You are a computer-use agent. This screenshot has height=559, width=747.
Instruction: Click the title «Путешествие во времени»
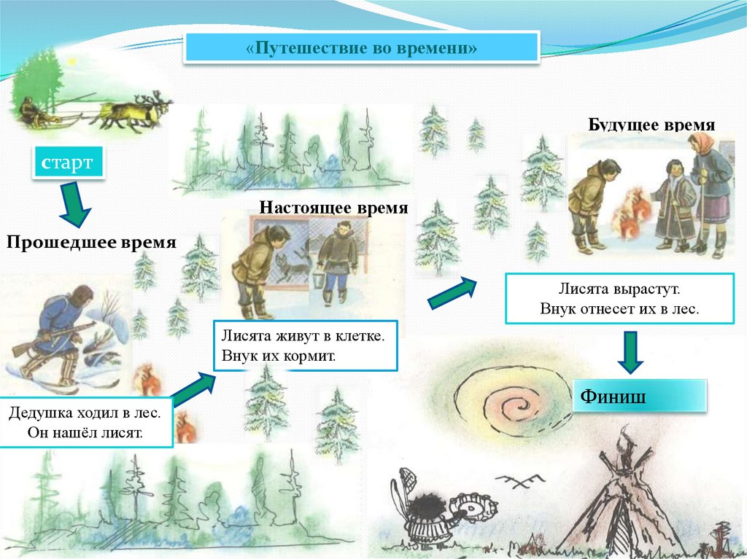coord(361,49)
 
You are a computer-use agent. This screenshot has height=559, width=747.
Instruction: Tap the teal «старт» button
coord(66,163)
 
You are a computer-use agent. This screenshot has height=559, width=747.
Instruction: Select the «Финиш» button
coord(640,396)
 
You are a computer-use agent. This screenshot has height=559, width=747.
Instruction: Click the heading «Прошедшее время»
coord(91,242)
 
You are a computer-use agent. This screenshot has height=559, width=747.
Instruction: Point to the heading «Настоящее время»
coord(333,207)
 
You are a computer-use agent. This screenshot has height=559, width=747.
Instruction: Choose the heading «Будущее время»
coord(651,125)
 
